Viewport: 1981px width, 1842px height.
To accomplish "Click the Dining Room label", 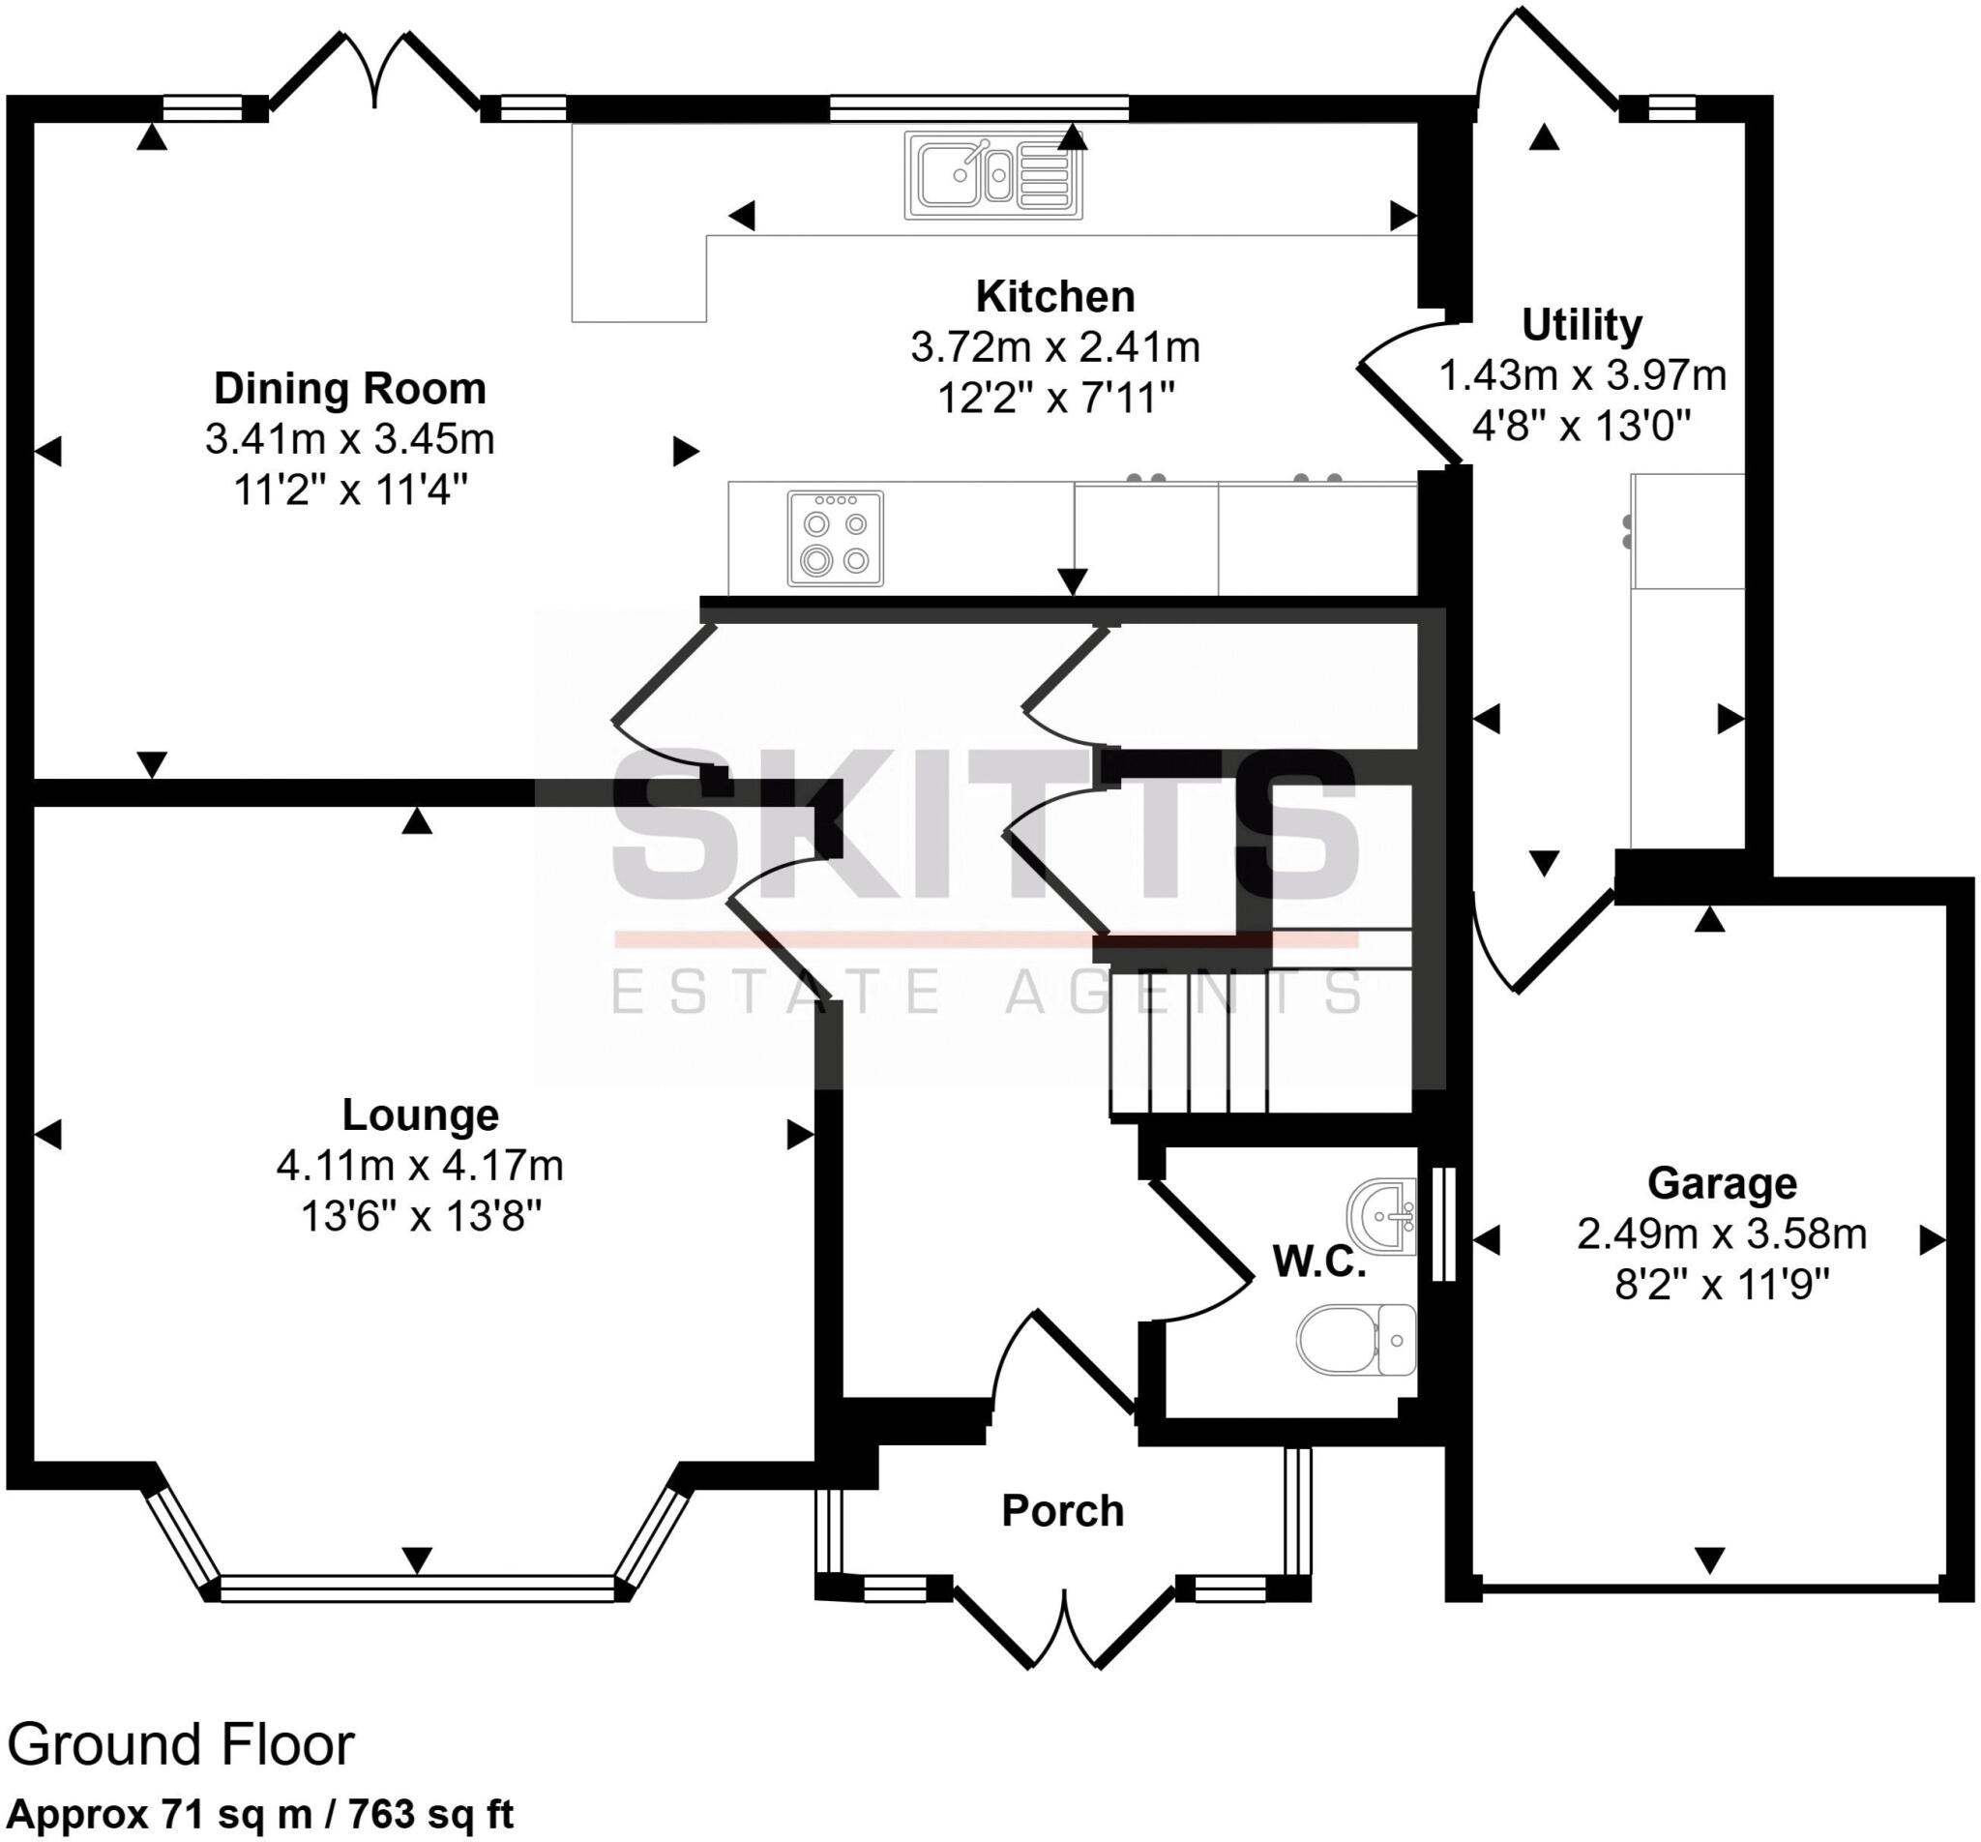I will pos(350,389).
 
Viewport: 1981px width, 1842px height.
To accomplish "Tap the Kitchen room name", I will pos(1055,297).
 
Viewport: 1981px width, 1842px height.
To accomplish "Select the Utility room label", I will pos(1582,326).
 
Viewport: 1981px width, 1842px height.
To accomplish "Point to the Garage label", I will pos(1722,1183).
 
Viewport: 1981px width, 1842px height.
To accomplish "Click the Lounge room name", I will pos(421,1114).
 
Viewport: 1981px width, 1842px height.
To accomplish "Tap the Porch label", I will pos(1062,1511).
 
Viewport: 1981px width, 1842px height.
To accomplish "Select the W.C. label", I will pos(1319,1263).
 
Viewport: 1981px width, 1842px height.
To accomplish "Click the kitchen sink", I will pos(993,175).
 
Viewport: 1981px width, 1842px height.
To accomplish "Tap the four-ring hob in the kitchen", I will pos(835,538).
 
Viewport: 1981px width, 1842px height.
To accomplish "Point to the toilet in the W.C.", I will pos(1356,1341).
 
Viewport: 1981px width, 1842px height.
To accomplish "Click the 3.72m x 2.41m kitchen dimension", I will pos(1055,348).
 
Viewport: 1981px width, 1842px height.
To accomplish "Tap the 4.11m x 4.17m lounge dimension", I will pos(421,1165).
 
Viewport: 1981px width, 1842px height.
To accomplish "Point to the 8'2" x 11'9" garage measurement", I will pos(1722,1286).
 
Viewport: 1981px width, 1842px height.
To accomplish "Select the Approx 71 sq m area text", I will pos(260,1814).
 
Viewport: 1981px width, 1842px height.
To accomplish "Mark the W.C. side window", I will pos(1443,1223).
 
